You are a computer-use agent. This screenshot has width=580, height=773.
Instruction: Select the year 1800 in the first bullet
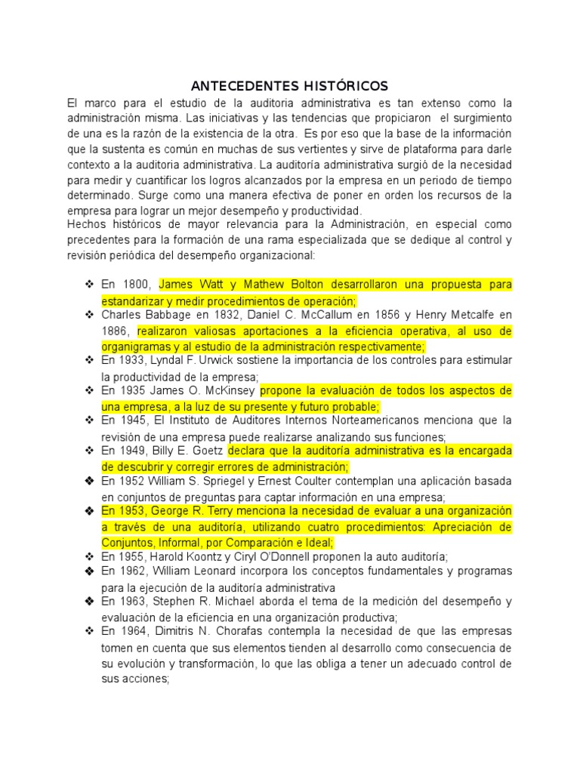[x=137, y=285]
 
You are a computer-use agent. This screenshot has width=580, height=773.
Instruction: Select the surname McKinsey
[x=235, y=391]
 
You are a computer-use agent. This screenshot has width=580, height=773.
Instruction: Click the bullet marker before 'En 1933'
[x=88, y=361]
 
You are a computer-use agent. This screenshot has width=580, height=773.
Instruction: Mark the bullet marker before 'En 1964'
[x=88, y=631]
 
